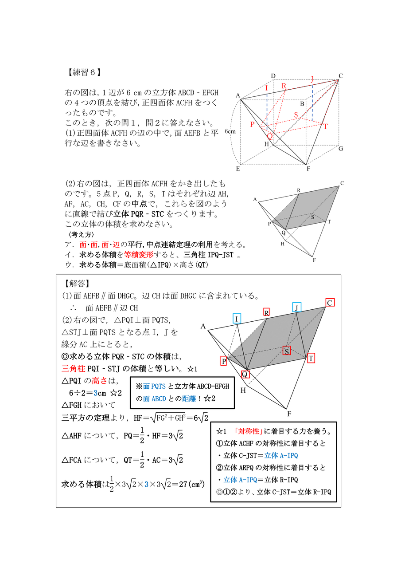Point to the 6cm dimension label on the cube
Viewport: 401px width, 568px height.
coord(230,131)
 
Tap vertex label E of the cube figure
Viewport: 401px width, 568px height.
coord(238,169)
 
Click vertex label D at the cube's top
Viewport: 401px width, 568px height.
coord(273,76)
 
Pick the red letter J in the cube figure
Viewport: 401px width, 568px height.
coord(312,79)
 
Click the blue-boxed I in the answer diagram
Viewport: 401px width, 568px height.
coord(237,318)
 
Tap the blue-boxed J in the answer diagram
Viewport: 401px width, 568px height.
coord(296,307)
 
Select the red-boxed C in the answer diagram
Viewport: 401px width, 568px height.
coord(330,303)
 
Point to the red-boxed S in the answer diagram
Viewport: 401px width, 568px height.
coord(287,351)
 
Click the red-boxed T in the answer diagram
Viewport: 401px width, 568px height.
coord(311,358)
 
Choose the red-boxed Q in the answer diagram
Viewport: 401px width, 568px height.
coord(245,374)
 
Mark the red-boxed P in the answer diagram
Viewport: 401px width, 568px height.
coord(224,361)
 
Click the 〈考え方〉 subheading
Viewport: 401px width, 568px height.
coord(78,235)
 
